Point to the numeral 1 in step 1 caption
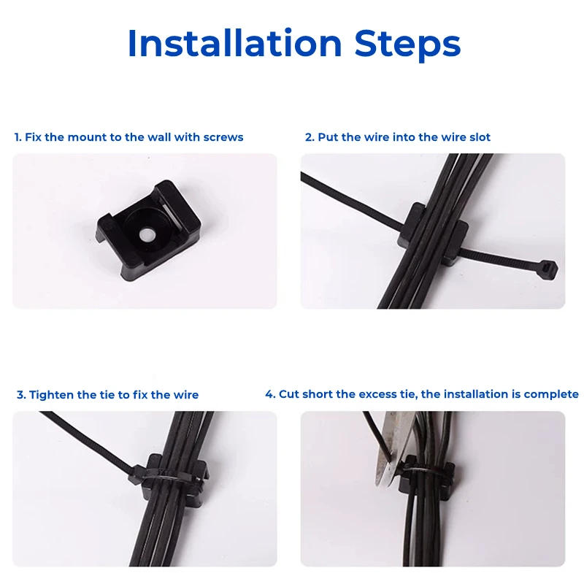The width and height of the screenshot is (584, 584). pos(17,137)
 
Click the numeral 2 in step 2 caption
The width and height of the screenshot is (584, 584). pos(309,137)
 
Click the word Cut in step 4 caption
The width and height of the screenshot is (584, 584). pos(289,394)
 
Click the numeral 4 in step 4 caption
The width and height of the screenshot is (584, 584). pos(269,394)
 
